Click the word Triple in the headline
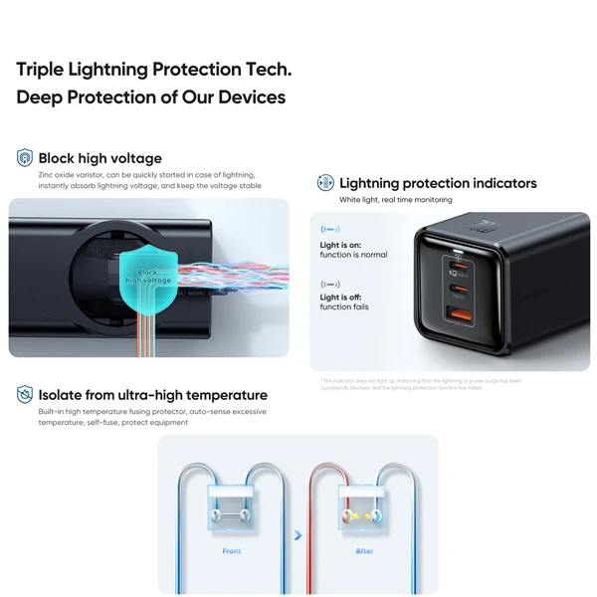41,70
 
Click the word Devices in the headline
252,98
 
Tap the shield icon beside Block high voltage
25,158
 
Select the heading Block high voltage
99,158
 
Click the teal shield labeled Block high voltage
147,274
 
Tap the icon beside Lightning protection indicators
324,183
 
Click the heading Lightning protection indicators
438,183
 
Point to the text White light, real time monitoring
395,200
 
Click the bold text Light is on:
340,245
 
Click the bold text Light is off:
340,297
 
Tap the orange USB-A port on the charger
461,316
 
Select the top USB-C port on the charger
461,268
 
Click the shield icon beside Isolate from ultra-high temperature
25,395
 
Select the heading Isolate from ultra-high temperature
152,395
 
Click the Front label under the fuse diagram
231,550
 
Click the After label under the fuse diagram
365,550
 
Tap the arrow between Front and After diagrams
298,535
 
